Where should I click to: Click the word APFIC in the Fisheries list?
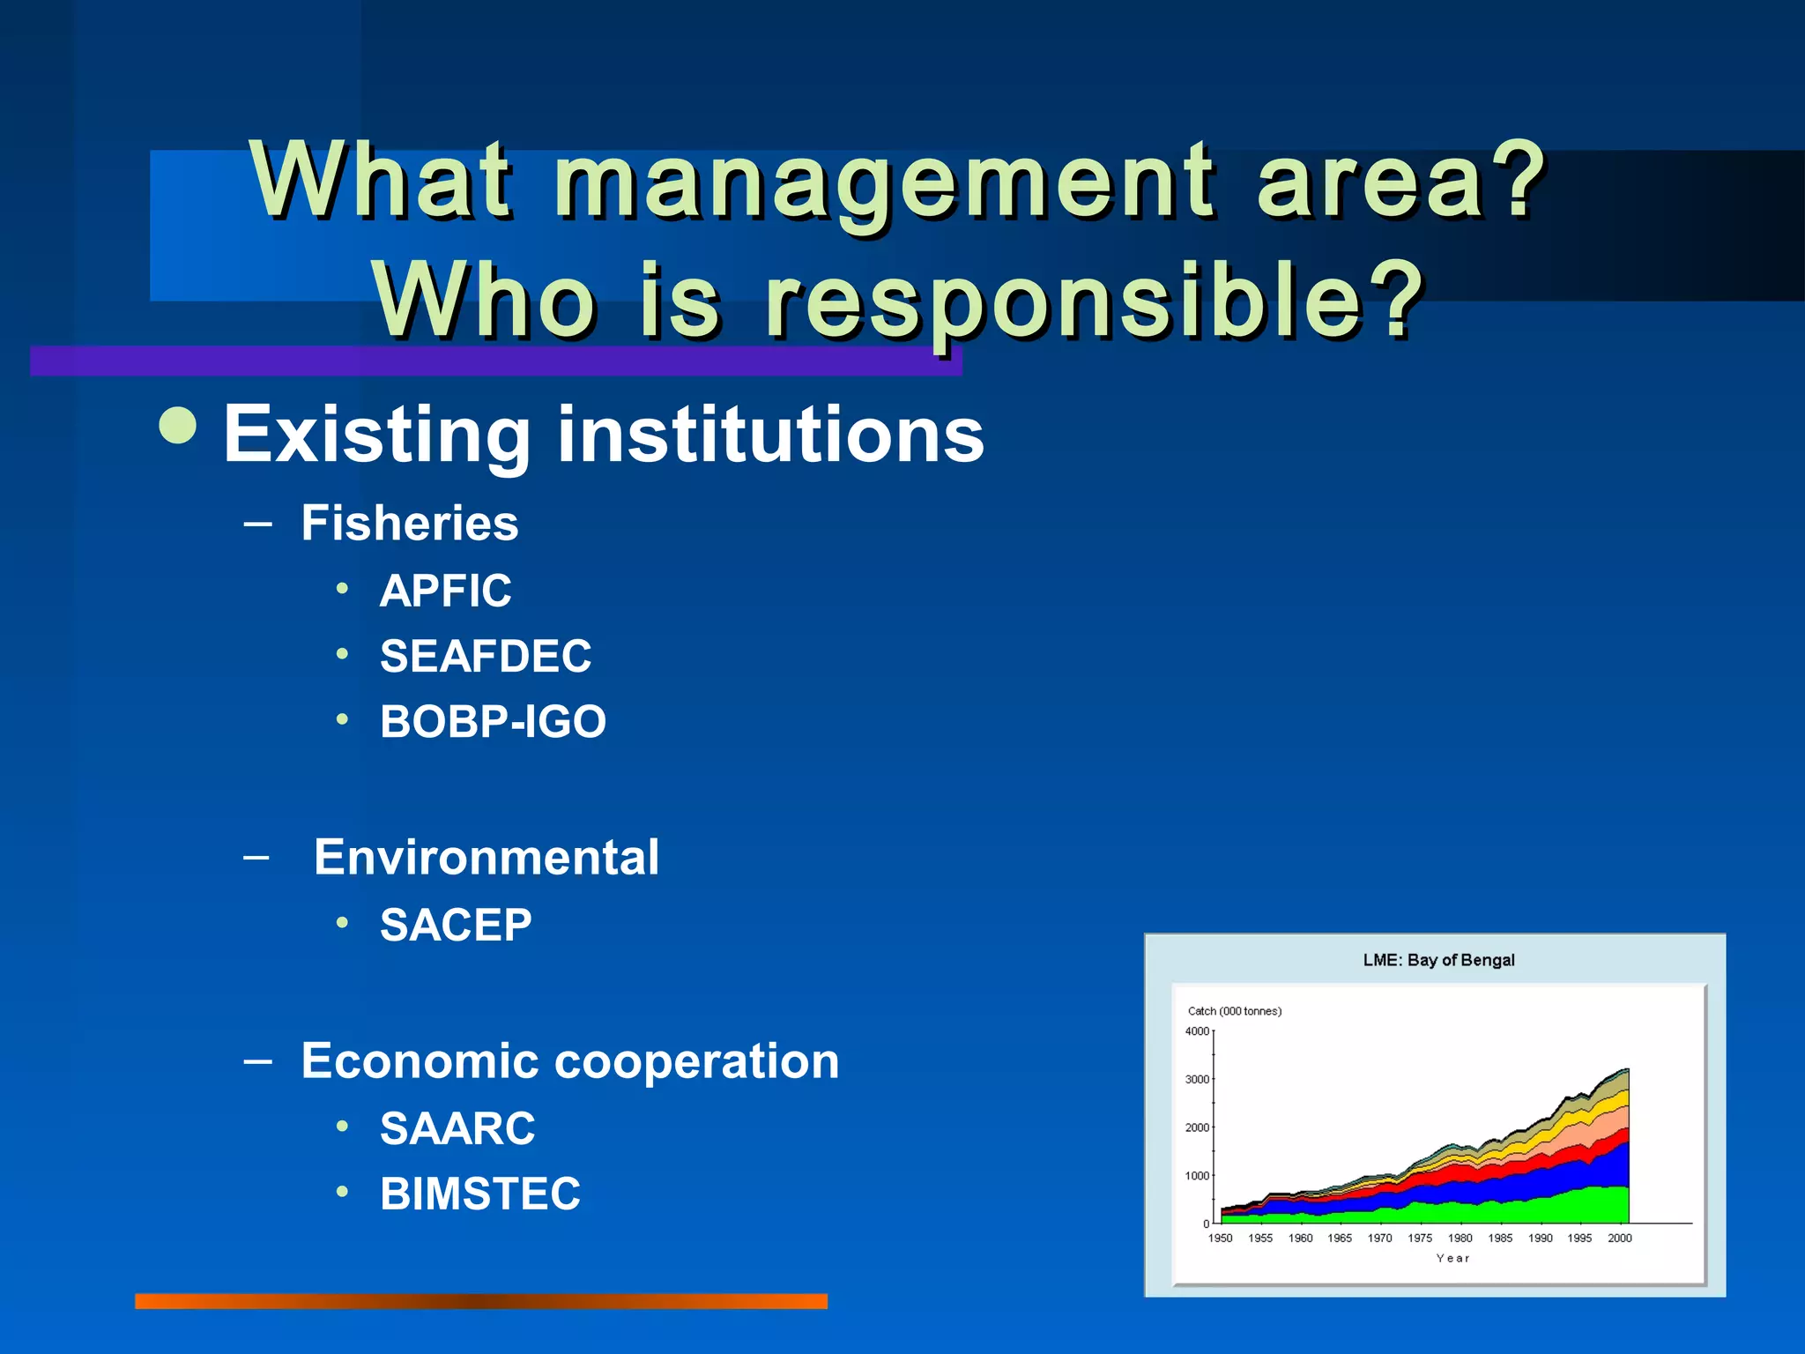(445, 591)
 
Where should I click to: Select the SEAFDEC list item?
(486, 656)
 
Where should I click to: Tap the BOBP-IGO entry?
(493, 721)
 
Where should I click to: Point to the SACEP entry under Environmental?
(456, 925)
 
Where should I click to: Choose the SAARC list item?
(457, 1128)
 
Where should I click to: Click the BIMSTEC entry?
(480, 1194)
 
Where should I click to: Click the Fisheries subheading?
(410, 523)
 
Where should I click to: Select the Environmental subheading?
(487, 857)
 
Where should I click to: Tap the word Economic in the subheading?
(419, 1060)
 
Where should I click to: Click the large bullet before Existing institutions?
(178, 426)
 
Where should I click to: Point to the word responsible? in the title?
(1093, 301)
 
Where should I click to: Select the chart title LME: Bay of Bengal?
(1438, 960)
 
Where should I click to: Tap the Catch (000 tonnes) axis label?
(1234, 1011)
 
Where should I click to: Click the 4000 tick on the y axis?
(1197, 1031)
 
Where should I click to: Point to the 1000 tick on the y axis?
(1197, 1176)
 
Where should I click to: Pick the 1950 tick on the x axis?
(1221, 1239)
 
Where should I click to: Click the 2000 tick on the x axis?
(1620, 1239)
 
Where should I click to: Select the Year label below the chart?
(1452, 1259)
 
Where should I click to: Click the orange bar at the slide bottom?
(481, 1301)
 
